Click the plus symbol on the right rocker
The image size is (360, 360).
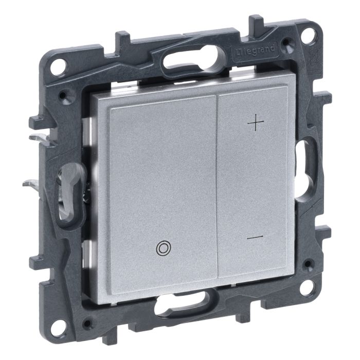click(256, 122)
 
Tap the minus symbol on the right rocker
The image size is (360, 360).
click(255, 237)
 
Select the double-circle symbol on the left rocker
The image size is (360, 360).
click(163, 247)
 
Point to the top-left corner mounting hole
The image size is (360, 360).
click(57, 67)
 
